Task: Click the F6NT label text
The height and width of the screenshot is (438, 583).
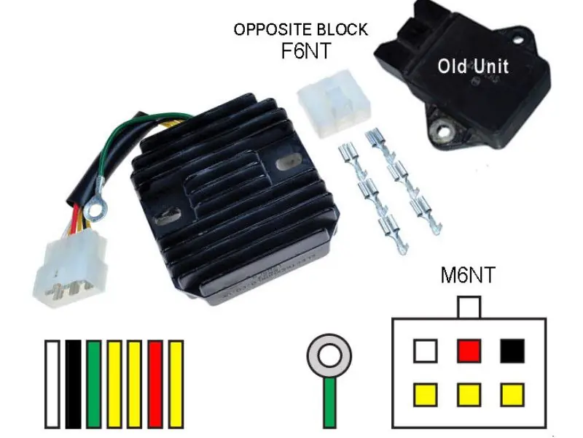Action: (305, 50)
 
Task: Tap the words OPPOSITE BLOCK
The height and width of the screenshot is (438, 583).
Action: (301, 29)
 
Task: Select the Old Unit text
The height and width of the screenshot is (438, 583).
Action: (473, 66)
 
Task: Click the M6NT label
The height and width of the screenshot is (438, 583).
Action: (468, 275)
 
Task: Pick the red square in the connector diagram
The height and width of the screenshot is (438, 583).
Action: (469, 350)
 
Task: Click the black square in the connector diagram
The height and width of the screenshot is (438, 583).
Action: (512, 350)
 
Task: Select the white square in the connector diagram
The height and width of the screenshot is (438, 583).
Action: (426, 350)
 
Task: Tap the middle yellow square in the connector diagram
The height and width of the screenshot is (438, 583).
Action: (469, 394)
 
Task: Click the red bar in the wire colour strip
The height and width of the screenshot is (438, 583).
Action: (155, 384)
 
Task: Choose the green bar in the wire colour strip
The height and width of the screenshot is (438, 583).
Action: (94, 384)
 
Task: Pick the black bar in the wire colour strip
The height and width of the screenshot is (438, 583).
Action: (74, 384)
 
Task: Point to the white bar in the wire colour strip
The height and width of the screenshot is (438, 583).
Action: (52, 384)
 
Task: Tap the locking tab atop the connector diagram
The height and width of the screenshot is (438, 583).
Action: (469, 307)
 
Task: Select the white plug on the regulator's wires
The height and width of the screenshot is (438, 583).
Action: (70, 266)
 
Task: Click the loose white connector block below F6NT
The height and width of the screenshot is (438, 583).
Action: (334, 102)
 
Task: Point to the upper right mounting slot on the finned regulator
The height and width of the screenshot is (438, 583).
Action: (285, 162)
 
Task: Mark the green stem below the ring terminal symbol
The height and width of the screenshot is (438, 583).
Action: (329, 402)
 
